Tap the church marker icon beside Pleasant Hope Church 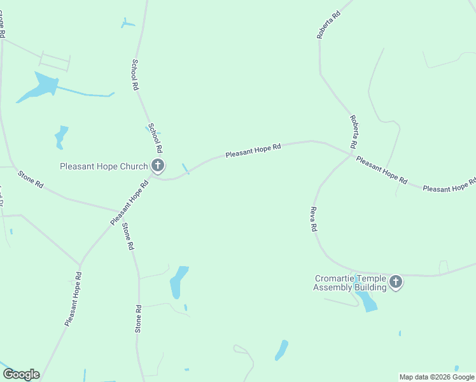pyautogui.click(x=157, y=166)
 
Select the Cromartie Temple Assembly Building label pyautogui.click(x=350, y=283)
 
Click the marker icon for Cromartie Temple pyautogui.click(x=396, y=281)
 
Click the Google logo pyautogui.click(x=21, y=374)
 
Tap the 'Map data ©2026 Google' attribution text pyautogui.click(x=437, y=377)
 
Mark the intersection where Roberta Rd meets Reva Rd pyautogui.click(x=352, y=153)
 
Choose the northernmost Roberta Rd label pyautogui.click(x=328, y=24)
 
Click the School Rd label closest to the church pyautogui.click(x=155, y=138)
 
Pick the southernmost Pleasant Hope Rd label pyautogui.click(x=73, y=299)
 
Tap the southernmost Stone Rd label pyautogui.click(x=138, y=318)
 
